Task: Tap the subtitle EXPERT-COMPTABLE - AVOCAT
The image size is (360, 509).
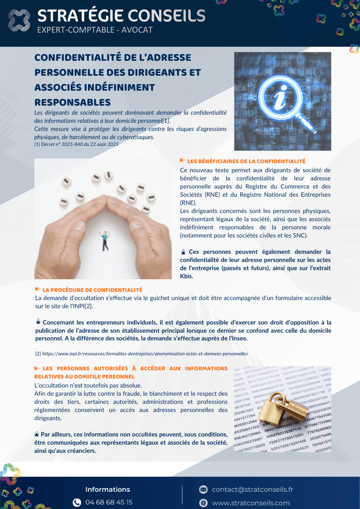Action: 95,30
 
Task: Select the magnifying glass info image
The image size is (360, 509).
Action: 282,101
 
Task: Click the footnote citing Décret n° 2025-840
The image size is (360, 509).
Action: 76,144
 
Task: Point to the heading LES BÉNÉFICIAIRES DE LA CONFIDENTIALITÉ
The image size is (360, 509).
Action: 246,161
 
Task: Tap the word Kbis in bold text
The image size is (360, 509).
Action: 186,276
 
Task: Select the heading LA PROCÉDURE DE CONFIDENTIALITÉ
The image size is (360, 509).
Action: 92,290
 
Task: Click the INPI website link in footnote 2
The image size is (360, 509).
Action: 145,353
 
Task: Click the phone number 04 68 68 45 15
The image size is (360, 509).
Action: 109,502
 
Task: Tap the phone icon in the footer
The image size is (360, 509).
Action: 77,502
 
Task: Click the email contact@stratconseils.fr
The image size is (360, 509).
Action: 253,490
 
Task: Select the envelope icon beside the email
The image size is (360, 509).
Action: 204,490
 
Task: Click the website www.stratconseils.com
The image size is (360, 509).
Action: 251,503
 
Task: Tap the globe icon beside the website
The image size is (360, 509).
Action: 204,503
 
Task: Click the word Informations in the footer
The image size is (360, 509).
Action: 107,490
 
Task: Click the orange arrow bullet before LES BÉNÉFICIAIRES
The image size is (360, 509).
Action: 182,160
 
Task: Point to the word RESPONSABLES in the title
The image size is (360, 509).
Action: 73,102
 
